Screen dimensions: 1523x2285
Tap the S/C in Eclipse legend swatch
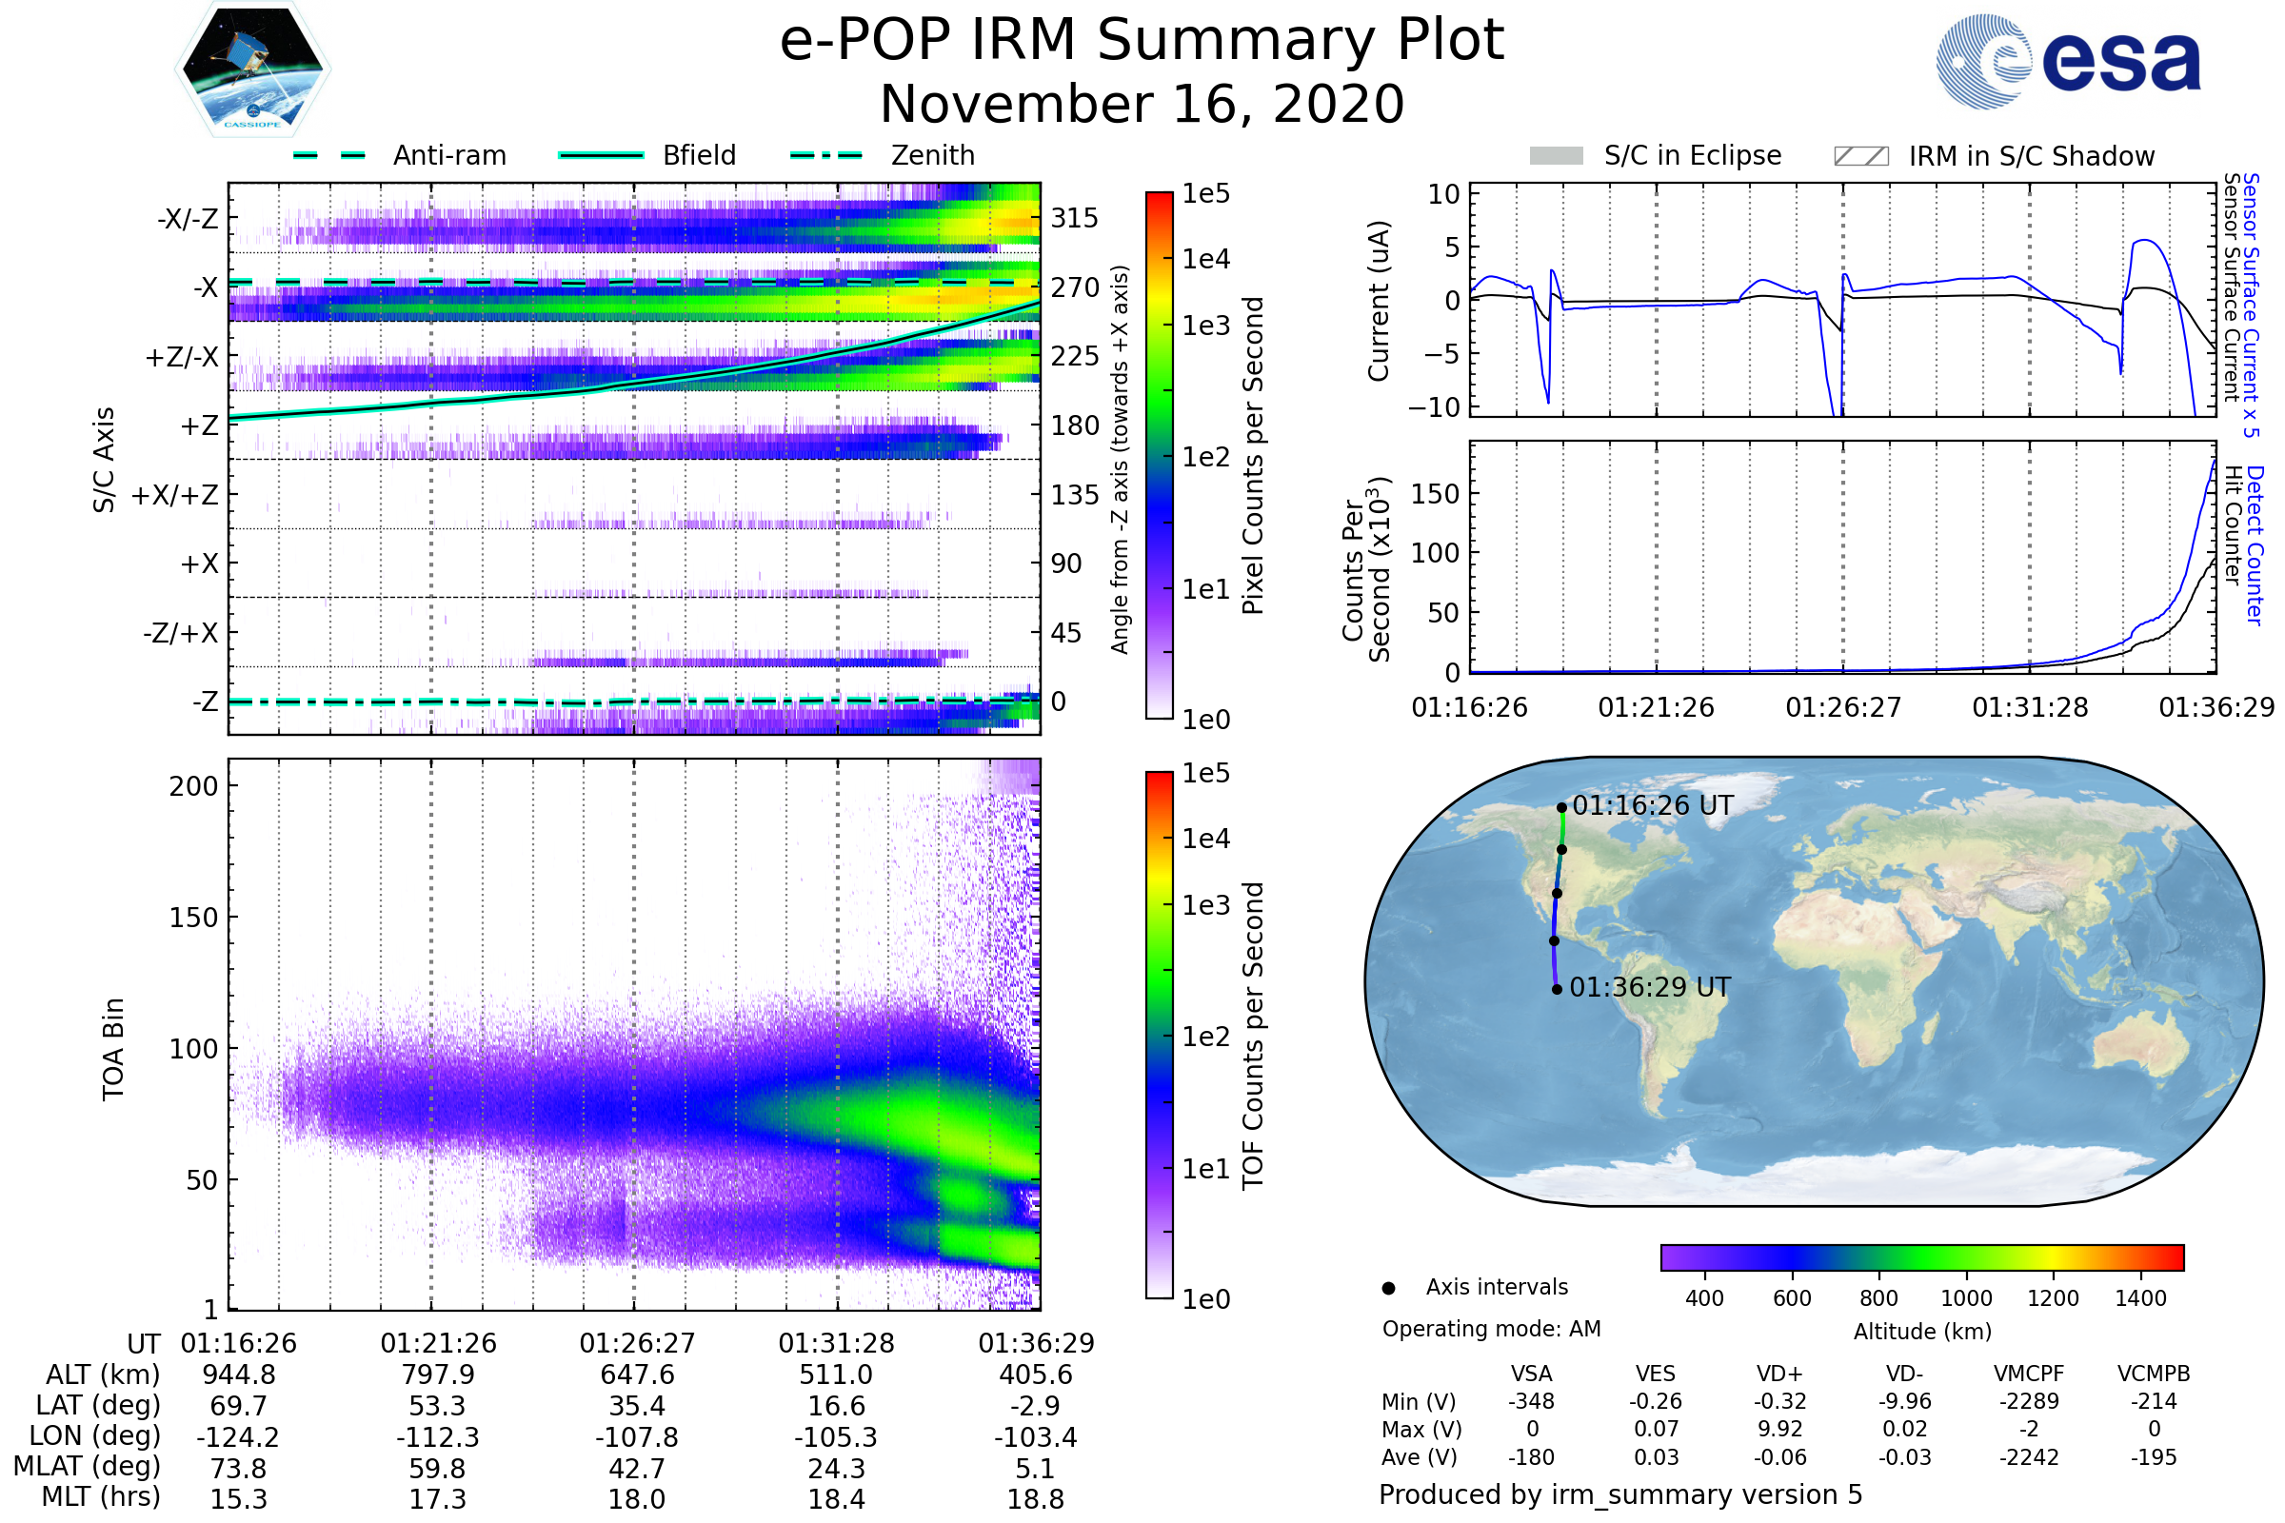coord(1556,156)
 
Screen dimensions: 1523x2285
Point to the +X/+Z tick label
coord(175,495)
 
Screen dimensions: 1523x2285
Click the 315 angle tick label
coord(1074,219)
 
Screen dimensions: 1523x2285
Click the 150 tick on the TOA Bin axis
coord(193,918)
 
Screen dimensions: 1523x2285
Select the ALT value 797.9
coord(438,1375)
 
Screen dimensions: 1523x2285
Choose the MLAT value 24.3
coord(837,1469)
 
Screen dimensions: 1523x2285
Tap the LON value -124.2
coord(238,1437)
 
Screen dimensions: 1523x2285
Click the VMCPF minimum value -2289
coord(2029,1401)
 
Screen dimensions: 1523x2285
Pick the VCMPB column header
coord(2153,1375)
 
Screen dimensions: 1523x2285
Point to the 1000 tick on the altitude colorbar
coord(1965,1298)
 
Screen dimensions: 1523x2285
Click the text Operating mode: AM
coord(1491,1329)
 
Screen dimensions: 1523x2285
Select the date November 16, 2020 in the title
coord(1142,105)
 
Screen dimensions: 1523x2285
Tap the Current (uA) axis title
coord(1380,301)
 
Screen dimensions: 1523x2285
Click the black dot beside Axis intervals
coord(1388,1288)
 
